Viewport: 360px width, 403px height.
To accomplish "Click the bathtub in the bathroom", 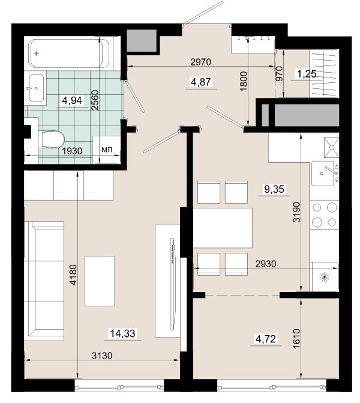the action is click(x=70, y=53).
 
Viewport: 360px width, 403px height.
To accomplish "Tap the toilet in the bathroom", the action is click(x=52, y=140).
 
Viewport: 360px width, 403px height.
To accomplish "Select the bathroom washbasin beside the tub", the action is click(x=36, y=88).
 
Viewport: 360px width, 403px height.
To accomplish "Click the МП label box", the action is click(x=107, y=150).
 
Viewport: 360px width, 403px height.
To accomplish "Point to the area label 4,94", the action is click(x=72, y=100).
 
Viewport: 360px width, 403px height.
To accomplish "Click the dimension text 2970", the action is click(x=201, y=62).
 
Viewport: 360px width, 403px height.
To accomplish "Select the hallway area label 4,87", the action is click(x=201, y=82).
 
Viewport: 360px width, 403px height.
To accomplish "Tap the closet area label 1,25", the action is click(x=307, y=74).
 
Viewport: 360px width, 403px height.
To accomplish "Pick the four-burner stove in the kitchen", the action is click(x=324, y=214).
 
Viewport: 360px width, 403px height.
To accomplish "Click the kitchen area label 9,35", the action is click(x=274, y=189).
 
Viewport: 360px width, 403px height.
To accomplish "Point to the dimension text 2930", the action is click(x=266, y=264).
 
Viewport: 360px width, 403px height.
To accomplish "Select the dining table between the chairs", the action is click(x=223, y=228).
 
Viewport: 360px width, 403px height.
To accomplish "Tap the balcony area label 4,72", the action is click(x=266, y=339).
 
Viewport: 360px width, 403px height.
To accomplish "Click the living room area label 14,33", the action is click(x=123, y=333).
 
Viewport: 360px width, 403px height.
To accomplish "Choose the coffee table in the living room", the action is click(x=100, y=281).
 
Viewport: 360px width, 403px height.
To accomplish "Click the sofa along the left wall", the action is click(x=44, y=281).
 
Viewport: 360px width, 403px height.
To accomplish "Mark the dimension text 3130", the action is click(x=102, y=356).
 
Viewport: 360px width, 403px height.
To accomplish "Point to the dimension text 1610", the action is click(x=296, y=339).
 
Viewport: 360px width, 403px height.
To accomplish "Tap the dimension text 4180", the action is click(x=73, y=274).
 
